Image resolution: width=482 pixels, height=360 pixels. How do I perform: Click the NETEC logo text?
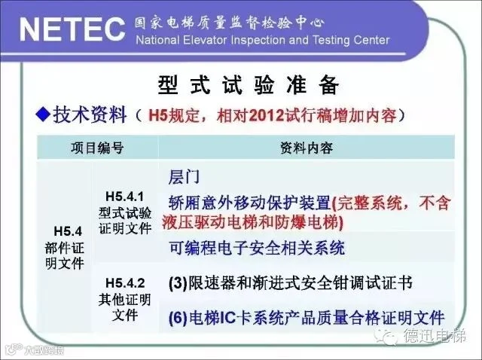(x=72, y=29)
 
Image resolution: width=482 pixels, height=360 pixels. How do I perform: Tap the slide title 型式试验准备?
(x=249, y=84)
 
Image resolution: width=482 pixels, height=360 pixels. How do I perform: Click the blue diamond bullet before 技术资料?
(x=43, y=114)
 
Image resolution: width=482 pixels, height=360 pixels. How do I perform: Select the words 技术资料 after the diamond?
(x=90, y=114)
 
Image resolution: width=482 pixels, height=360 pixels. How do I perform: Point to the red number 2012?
(x=267, y=116)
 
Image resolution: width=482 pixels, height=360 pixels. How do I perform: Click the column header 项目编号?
(x=97, y=148)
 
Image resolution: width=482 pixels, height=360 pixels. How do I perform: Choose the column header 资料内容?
(x=307, y=148)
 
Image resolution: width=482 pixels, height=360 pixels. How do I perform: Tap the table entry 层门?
(x=184, y=178)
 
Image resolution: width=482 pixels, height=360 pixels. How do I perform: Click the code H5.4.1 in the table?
(x=124, y=196)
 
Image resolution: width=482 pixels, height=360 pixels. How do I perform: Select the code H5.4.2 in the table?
(x=125, y=283)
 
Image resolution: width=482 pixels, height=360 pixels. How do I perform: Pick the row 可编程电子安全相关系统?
(x=257, y=248)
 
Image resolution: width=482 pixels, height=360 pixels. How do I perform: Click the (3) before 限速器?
(x=178, y=283)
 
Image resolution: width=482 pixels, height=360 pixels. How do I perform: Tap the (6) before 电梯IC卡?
(x=178, y=318)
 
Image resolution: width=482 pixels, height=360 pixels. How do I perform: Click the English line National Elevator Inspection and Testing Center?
(x=263, y=40)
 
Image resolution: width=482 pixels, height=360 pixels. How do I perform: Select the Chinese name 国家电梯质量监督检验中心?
(x=229, y=23)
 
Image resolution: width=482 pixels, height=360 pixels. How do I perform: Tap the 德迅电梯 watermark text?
(x=435, y=336)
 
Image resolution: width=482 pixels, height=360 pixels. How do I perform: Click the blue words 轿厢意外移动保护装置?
(x=249, y=203)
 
